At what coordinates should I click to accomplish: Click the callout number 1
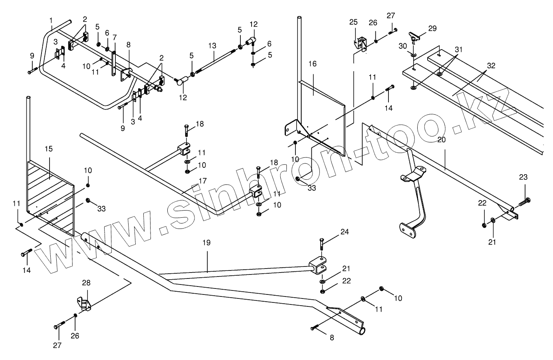tap(51, 20)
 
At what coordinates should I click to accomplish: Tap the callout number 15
tap(49, 149)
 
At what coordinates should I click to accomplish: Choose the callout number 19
tap(206, 243)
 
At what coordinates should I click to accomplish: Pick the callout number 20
tap(441, 139)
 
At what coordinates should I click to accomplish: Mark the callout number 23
tap(523, 177)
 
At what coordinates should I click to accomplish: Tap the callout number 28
tap(86, 283)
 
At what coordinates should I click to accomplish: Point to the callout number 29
tap(432, 28)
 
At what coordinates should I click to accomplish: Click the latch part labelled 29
tap(415, 36)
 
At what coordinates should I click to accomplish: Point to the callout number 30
tap(402, 46)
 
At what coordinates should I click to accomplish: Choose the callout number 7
tap(115, 37)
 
